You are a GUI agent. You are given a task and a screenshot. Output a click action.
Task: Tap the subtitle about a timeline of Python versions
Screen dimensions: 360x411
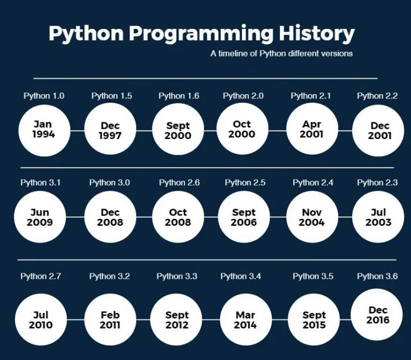pos(281,53)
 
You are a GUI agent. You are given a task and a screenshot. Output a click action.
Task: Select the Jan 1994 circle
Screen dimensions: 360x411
pos(43,130)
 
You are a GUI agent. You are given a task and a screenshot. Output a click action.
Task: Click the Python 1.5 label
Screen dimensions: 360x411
pos(111,96)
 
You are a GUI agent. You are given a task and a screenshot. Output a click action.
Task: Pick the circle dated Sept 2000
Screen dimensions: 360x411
pos(178,131)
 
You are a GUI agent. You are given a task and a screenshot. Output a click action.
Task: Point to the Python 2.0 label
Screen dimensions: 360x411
pos(243,96)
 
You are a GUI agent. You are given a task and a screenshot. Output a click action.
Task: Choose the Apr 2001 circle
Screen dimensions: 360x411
pos(311,129)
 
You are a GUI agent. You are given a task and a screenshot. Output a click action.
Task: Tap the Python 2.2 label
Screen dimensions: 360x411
pos(377,96)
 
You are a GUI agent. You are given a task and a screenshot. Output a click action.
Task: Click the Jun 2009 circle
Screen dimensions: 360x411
pos(40,217)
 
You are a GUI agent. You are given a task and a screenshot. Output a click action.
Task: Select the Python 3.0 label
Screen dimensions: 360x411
pos(110,182)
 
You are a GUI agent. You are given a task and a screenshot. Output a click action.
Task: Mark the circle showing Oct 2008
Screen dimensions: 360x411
pos(178,217)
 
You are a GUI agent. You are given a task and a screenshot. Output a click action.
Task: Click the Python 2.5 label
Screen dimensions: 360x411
pos(245,182)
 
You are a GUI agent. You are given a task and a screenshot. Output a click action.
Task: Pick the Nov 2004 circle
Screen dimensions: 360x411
pos(311,217)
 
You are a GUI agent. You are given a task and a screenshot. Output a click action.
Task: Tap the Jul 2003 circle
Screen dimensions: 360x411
pos(378,217)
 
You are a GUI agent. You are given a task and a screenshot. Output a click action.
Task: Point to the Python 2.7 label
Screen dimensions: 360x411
pos(41,277)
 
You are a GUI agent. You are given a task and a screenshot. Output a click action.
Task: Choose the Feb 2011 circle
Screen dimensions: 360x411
pos(110,320)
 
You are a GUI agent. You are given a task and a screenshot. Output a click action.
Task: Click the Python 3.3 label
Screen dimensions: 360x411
pos(177,277)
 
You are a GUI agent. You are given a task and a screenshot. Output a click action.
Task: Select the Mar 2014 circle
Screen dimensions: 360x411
pos(245,320)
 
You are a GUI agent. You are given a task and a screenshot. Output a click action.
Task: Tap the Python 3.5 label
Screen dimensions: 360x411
pos(313,277)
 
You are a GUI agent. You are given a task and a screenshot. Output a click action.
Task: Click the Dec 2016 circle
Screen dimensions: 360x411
pos(378,315)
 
